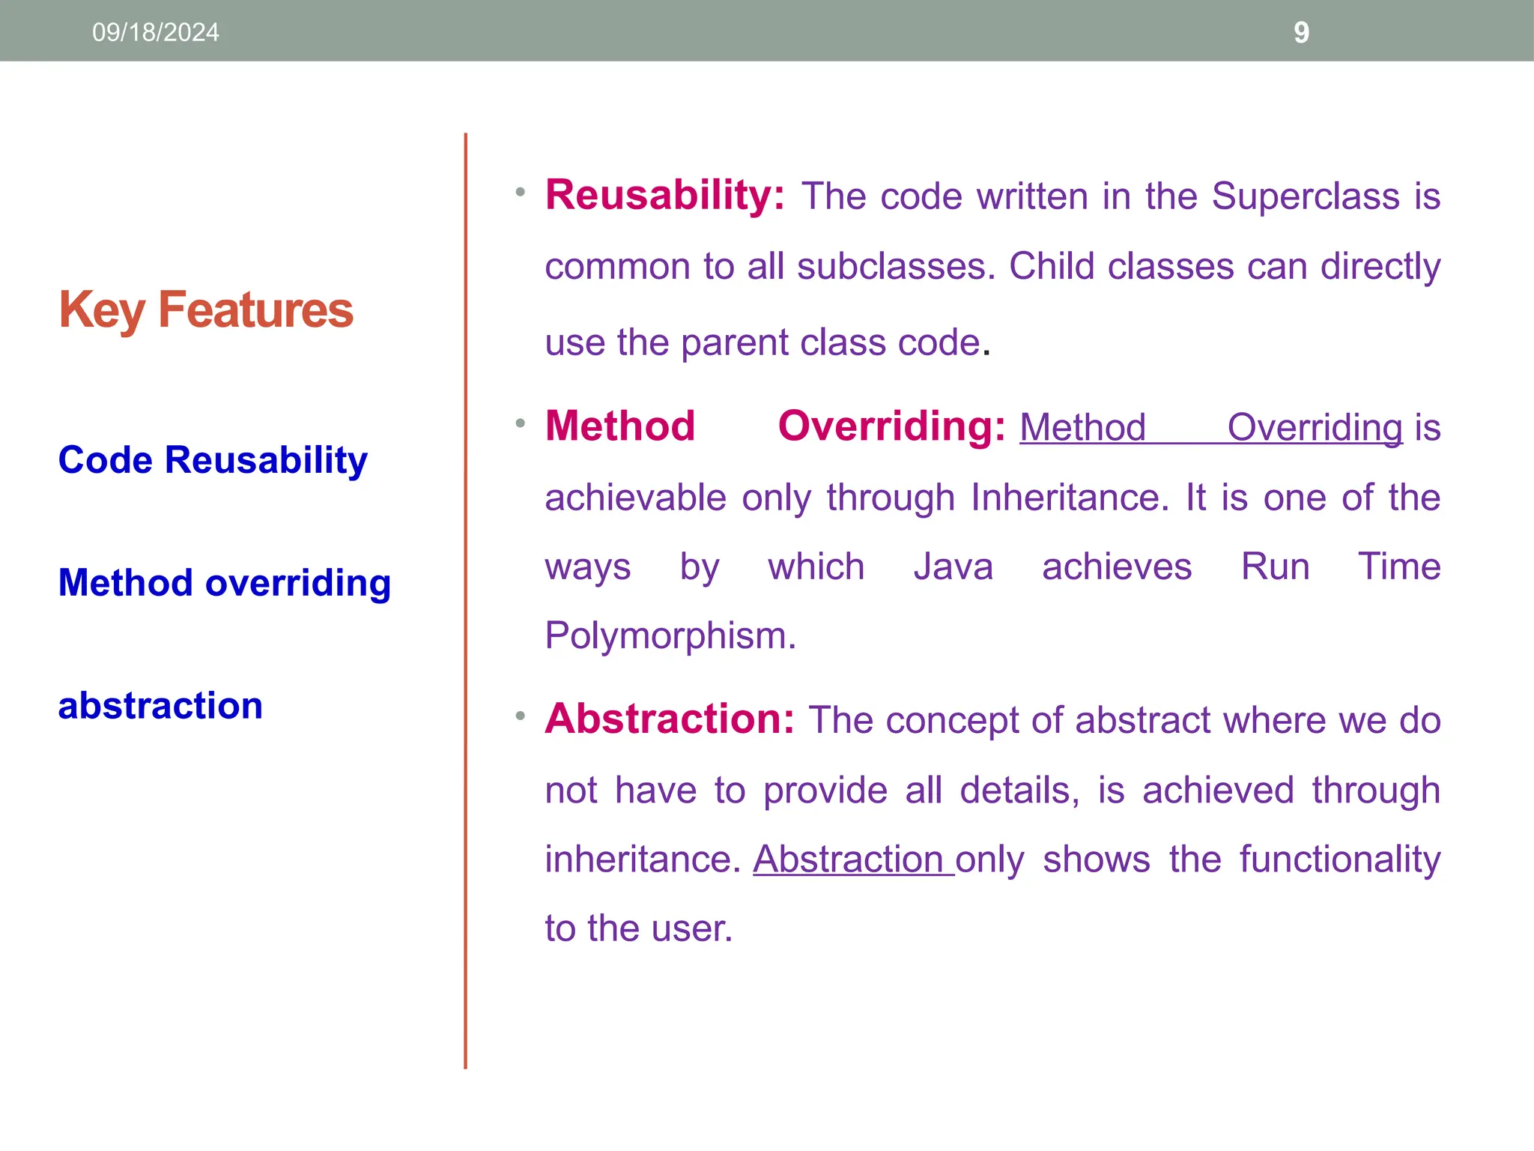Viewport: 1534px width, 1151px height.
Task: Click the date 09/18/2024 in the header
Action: point(155,32)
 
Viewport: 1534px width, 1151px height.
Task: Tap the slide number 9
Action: point(1301,32)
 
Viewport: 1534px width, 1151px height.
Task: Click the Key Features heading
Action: point(206,310)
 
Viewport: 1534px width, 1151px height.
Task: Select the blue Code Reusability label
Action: point(213,460)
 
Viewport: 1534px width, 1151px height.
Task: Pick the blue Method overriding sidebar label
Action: point(225,583)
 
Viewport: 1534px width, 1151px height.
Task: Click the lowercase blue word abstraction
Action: point(160,706)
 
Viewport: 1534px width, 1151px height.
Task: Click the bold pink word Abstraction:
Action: point(669,719)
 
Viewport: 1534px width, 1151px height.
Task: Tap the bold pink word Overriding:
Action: point(891,426)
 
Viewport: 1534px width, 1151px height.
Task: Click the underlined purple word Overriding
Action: point(1315,428)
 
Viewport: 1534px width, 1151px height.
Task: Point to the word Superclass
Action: point(1306,196)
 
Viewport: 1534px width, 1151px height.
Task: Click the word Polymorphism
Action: point(669,636)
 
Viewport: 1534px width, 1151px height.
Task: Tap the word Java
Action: point(953,567)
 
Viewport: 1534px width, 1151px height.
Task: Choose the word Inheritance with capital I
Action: point(1069,498)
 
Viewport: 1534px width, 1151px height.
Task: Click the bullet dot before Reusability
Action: point(520,193)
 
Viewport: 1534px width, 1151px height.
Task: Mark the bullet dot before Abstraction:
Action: point(520,716)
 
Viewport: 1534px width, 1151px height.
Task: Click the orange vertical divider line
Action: point(465,599)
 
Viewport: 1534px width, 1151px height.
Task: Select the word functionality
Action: point(1339,860)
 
